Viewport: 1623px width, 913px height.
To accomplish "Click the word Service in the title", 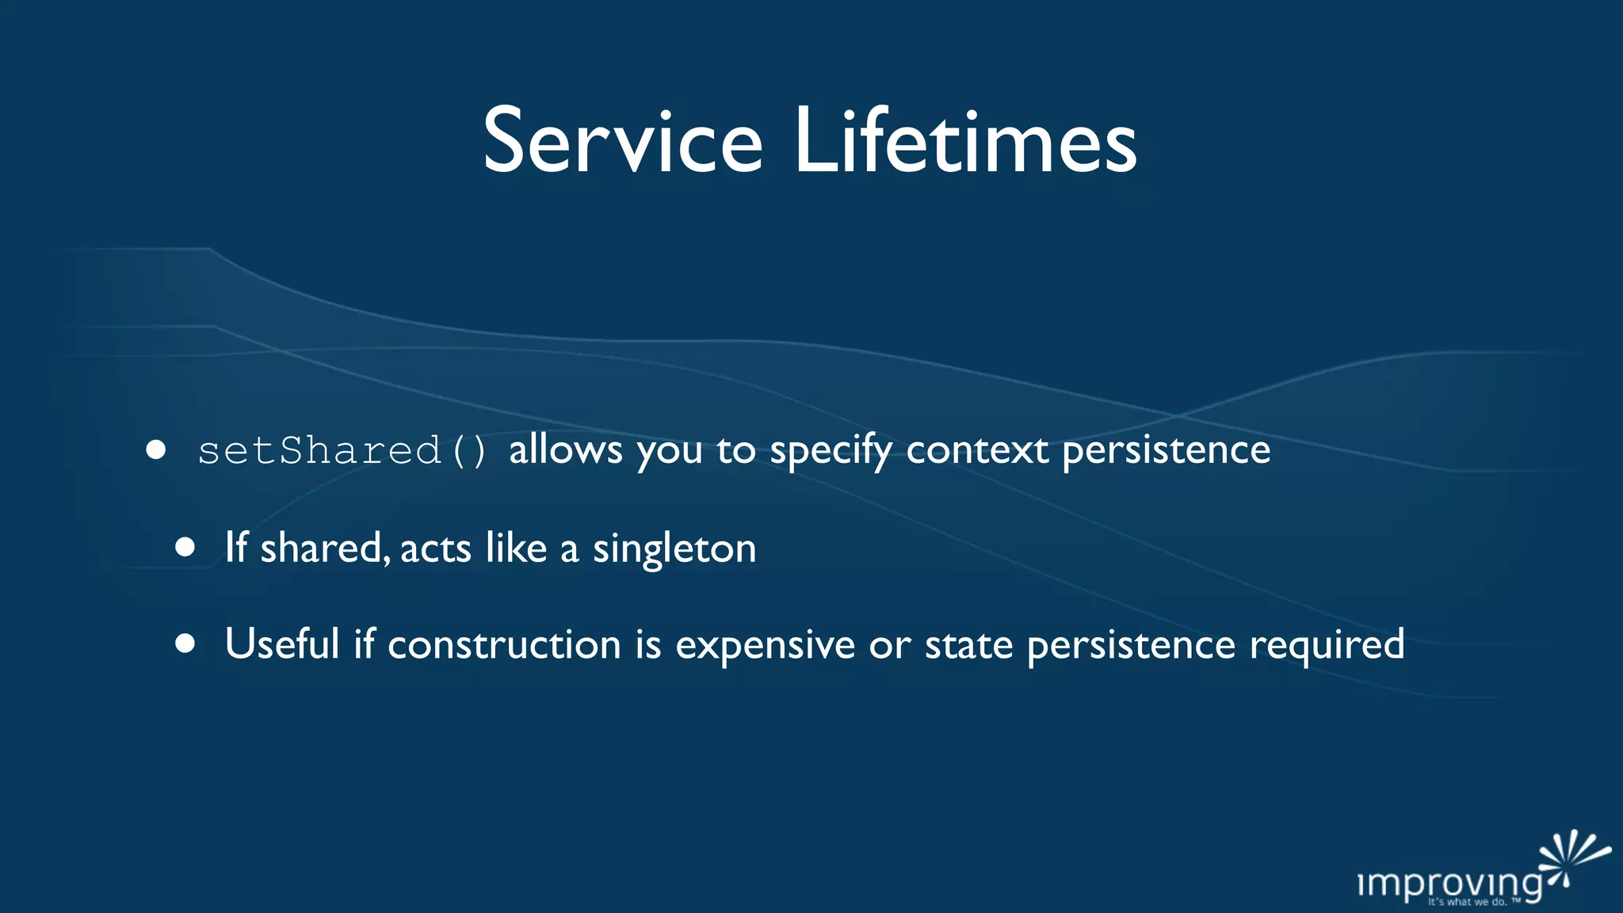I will (x=623, y=143).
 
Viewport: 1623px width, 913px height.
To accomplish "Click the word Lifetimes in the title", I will (x=965, y=143).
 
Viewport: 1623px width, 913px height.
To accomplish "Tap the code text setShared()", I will (x=342, y=451).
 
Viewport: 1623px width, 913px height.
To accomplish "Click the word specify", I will (x=831, y=451).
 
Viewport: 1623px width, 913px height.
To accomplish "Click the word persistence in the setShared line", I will (x=1166, y=451).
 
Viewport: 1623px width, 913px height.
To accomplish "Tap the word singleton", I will (x=674, y=548).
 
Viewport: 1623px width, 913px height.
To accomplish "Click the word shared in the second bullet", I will (x=324, y=548).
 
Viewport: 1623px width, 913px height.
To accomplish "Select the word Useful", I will (x=282, y=644).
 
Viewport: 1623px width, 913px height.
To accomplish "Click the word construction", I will (x=504, y=644).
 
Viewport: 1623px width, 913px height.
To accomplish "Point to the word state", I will (x=968, y=644).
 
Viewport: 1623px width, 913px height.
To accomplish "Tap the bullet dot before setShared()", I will (x=156, y=450).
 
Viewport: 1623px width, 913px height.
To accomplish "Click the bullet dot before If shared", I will (x=185, y=548).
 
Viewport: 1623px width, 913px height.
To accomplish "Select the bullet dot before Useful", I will (x=185, y=644).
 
